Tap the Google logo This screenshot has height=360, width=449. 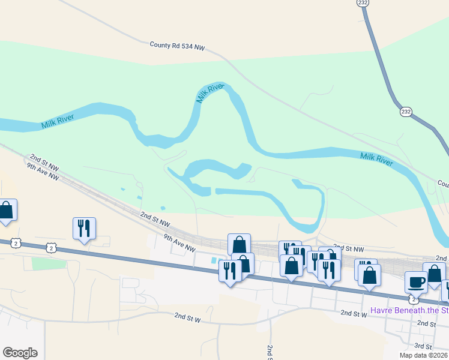(x=20, y=353)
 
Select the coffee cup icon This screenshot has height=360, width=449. (x=417, y=281)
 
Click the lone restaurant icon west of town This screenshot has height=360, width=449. (x=83, y=228)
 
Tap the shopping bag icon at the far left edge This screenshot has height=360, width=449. (x=6, y=211)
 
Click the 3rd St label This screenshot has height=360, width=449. (x=423, y=347)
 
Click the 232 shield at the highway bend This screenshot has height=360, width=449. (x=406, y=112)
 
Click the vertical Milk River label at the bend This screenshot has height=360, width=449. (x=209, y=93)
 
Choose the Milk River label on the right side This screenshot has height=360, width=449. (x=376, y=160)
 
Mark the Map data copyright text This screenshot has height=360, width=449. (x=423, y=355)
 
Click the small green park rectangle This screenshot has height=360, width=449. (x=47, y=263)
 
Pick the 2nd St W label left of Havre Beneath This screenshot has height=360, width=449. (x=354, y=313)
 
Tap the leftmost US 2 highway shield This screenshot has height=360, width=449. (x=16, y=243)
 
